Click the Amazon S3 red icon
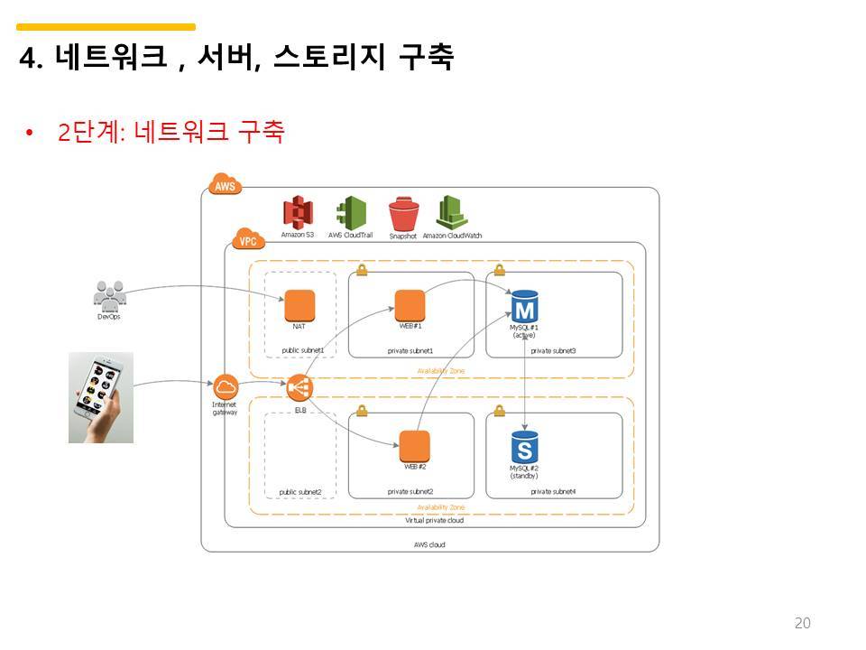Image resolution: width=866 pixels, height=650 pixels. [297, 213]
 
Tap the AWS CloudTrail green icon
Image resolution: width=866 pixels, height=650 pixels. [351, 213]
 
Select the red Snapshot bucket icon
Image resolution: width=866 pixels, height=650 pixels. [403, 215]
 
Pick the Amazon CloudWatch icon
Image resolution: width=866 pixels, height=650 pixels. [451, 212]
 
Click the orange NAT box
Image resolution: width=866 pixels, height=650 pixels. [299, 305]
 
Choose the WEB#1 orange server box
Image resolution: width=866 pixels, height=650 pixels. [410, 304]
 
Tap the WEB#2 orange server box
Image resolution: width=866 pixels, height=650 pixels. [414, 447]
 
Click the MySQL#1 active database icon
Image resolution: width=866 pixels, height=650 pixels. [524, 306]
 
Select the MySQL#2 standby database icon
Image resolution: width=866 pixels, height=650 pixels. [524, 447]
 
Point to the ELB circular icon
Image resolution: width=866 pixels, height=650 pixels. [299, 389]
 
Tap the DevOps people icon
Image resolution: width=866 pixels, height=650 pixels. [109, 295]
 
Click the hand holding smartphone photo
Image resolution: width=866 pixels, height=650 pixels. [101, 397]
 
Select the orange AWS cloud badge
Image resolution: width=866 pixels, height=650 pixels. [225, 185]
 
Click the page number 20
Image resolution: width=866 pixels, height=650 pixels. [803, 623]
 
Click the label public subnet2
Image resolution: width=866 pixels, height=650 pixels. [300, 492]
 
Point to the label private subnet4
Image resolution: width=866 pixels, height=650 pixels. [553, 492]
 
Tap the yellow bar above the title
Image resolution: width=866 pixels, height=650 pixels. [106, 27]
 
